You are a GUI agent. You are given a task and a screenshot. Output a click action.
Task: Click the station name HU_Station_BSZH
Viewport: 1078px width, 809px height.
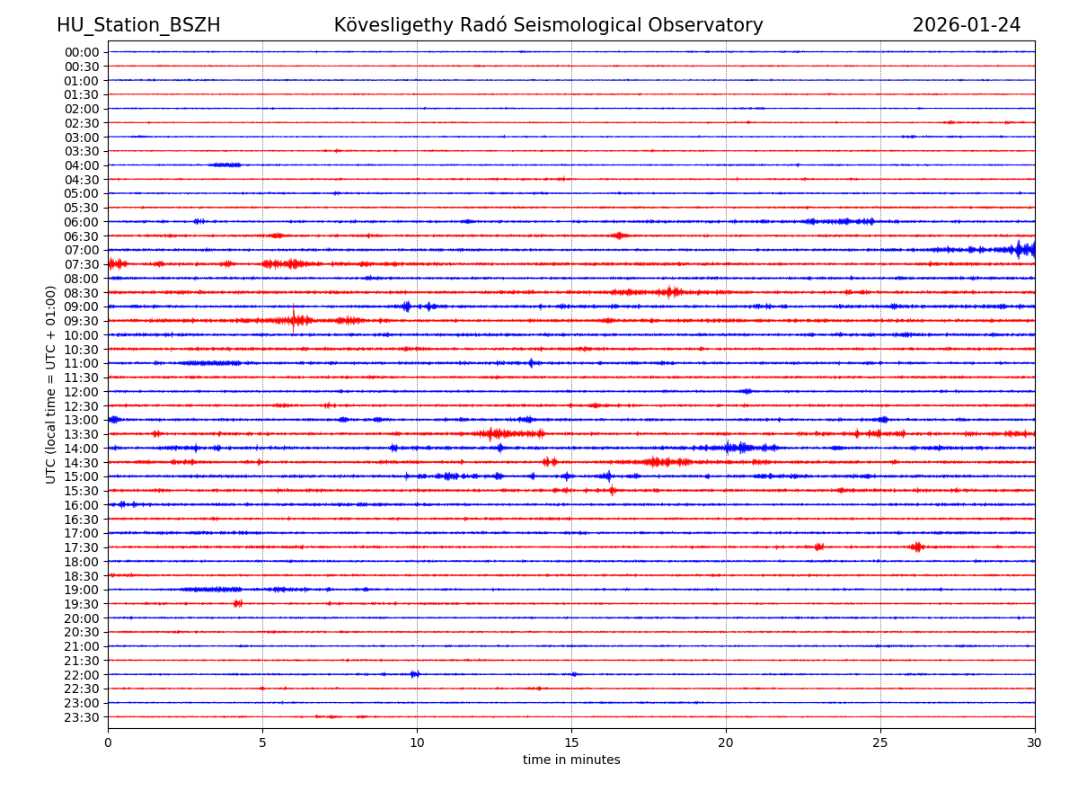pos(138,25)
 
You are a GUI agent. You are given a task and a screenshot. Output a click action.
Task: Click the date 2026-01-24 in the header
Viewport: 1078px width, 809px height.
pos(967,25)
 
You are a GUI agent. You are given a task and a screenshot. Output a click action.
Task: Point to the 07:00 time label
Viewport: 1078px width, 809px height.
pos(82,250)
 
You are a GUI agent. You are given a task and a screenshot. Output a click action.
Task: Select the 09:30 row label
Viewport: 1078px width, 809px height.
pos(82,321)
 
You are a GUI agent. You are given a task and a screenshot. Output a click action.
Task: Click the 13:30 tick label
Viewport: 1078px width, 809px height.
pos(82,434)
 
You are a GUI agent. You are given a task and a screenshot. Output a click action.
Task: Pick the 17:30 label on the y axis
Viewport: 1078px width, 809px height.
pos(82,547)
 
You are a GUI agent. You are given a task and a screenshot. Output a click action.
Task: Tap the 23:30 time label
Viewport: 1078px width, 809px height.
pos(82,717)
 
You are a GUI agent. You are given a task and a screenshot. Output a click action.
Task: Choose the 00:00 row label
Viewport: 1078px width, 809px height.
pos(82,52)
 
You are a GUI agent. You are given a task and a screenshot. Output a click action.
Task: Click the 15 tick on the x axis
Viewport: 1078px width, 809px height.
pos(571,743)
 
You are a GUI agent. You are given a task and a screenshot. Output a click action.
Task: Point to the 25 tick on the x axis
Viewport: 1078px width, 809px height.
pos(880,743)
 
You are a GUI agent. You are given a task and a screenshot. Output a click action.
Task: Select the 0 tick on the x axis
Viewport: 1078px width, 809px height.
pos(108,743)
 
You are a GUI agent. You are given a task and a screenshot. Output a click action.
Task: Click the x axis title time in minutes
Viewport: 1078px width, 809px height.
pos(571,760)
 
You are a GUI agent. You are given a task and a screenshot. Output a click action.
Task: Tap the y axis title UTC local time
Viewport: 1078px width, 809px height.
pos(51,384)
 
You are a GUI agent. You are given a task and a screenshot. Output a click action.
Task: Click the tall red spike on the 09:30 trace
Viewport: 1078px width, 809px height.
pos(293,317)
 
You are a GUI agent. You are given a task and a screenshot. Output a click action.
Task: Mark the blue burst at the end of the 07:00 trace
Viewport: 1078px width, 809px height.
pos(1022,249)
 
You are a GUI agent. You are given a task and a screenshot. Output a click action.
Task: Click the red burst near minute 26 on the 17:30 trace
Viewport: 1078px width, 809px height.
pos(916,547)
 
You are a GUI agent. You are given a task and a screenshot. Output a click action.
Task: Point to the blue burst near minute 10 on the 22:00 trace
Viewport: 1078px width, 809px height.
pos(414,674)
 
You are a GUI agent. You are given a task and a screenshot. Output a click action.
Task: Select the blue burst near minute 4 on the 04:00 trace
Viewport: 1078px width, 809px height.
pos(225,164)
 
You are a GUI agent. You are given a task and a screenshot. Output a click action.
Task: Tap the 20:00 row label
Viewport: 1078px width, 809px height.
pos(82,618)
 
